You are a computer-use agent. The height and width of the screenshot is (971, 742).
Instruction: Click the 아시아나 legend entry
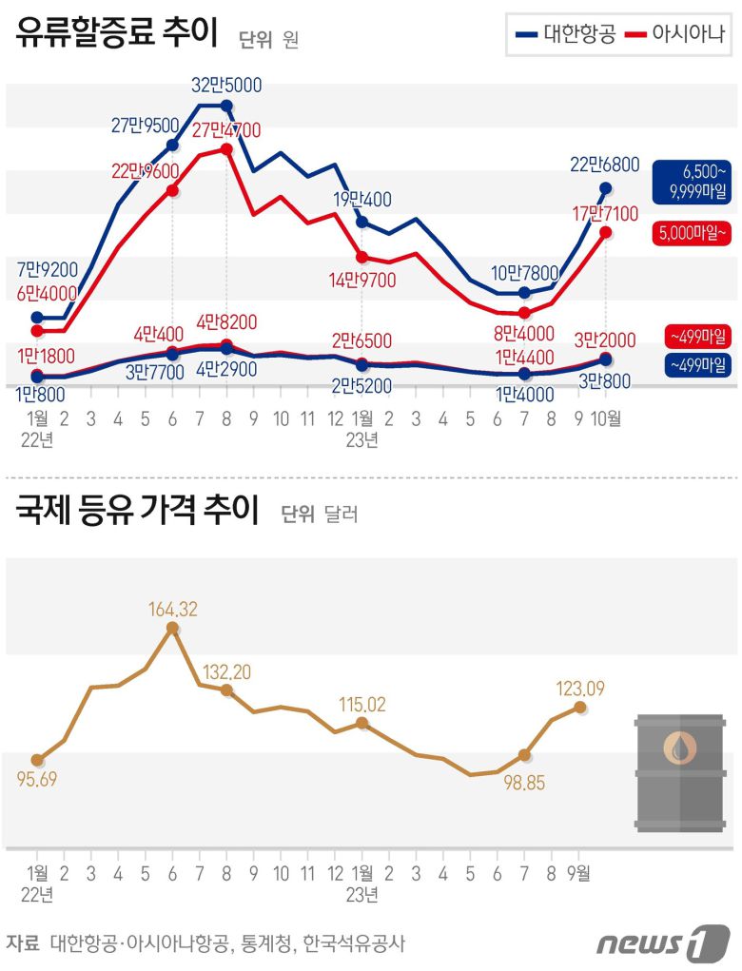[674, 35]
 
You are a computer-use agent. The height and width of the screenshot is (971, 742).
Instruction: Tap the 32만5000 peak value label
[226, 85]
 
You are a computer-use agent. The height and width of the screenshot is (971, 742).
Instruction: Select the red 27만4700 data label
[226, 129]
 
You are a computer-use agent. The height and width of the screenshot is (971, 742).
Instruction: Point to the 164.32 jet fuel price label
[172, 610]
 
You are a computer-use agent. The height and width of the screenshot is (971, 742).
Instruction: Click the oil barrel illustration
[678, 771]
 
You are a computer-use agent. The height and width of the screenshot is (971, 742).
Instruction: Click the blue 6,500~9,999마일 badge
[692, 182]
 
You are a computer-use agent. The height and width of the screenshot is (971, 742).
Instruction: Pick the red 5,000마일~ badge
[692, 231]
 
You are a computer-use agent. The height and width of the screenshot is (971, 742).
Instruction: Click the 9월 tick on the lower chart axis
[579, 872]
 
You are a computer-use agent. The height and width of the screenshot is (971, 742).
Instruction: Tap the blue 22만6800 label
[605, 165]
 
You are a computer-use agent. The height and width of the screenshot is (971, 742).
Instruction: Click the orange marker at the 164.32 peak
[172, 628]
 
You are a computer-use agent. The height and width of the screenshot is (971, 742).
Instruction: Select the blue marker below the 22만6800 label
[606, 188]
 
